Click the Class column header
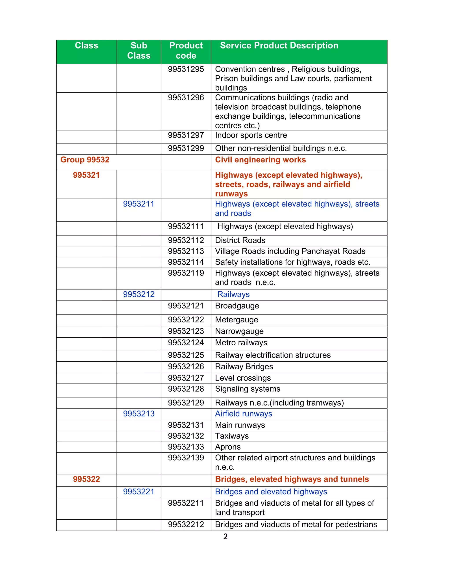tap(86, 46)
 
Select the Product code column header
tap(186, 50)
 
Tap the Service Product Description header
tap(279, 46)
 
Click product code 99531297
tap(186, 135)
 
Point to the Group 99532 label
tap(85, 160)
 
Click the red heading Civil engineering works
tap(260, 160)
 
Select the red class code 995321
tap(86, 175)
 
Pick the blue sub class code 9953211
tap(139, 204)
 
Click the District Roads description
tap(240, 240)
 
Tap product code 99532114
tap(186, 262)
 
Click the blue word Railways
tap(233, 294)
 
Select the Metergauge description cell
tap(237, 320)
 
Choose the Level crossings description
tap(243, 378)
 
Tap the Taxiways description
tap(232, 436)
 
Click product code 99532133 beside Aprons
tap(186, 447)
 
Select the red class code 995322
tap(86, 479)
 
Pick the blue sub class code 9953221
tap(139, 492)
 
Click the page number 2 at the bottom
tap(225, 537)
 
